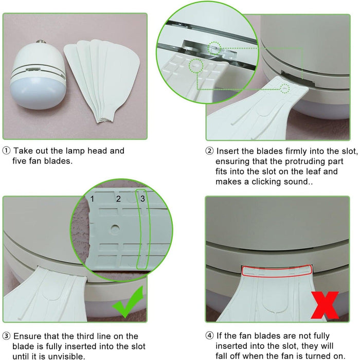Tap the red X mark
325,305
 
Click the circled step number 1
6,151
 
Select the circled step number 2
209,151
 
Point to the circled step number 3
6,336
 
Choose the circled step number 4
209,336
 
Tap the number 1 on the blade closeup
92,199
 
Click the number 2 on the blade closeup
118,199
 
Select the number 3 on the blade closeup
142,199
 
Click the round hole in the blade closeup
115,229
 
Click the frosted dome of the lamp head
38,93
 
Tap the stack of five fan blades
102,80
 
